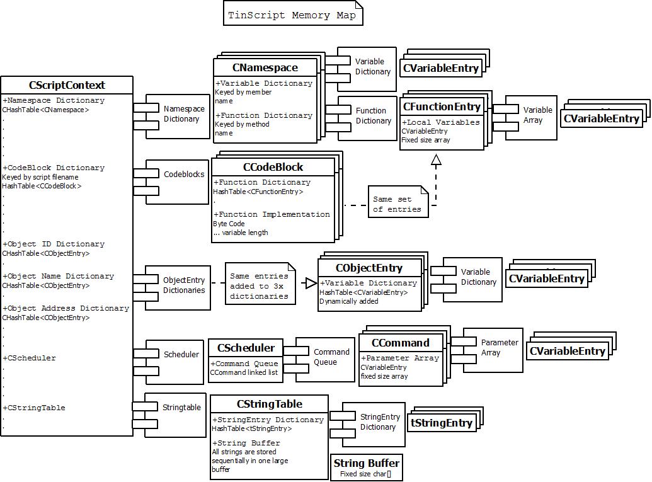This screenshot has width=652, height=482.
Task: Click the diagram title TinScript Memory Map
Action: pyautogui.click(x=292, y=15)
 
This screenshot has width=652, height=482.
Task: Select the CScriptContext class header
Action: pyautogui.click(x=67, y=85)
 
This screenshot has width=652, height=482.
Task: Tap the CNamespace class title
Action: pyautogui.click(x=265, y=67)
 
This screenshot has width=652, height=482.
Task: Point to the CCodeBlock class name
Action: pyautogui.click(x=273, y=167)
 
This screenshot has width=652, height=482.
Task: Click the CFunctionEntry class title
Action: pyautogui.click(x=442, y=107)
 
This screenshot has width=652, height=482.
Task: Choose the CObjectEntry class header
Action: pyautogui.click(x=369, y=268)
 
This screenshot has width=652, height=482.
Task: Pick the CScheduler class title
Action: pyautogui.click(x=246, y=348)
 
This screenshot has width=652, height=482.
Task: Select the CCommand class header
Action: pyautogui.click(x=401, y=343)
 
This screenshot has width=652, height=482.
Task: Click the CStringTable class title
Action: pyautogui.click(x=270, y=404)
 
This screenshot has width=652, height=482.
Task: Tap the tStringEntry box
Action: pyautogui.click(x=442, y=423)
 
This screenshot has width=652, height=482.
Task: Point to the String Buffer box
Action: pyautogui.click(x=367, y=468)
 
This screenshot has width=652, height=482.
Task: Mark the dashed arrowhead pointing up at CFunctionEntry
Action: pyautogui.click(x=436, y=159)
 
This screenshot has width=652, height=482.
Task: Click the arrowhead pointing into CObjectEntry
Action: pyautogui.click(x=311, y=283)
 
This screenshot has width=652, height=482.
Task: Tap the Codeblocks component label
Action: pyautogui.click(x=184, y=175)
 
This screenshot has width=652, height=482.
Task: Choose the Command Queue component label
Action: pyautogui.click(x=331, y=357)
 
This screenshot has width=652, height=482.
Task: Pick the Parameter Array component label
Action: pyautogui.click(x=500, y=347)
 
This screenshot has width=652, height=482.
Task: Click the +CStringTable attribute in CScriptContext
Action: pyautogui.click(x=34, y=408)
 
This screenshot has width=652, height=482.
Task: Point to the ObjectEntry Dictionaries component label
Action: pyautogui.click(x=184, y=285)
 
